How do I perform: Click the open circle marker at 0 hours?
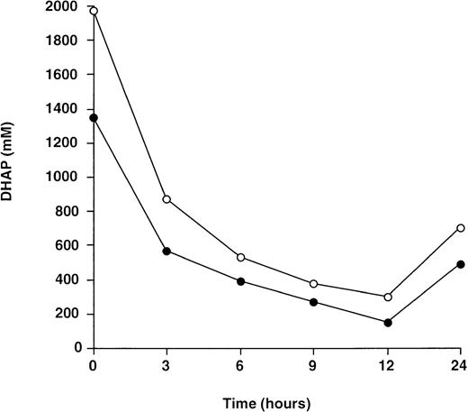point(94,11)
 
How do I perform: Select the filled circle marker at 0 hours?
point(94,117)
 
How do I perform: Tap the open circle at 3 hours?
point(167,198)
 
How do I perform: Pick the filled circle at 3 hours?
point(167,251)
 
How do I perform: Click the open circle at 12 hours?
point(388,297)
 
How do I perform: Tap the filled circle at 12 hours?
point(388,323)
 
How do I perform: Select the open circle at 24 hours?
point(461,228)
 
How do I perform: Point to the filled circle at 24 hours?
point(461,264)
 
